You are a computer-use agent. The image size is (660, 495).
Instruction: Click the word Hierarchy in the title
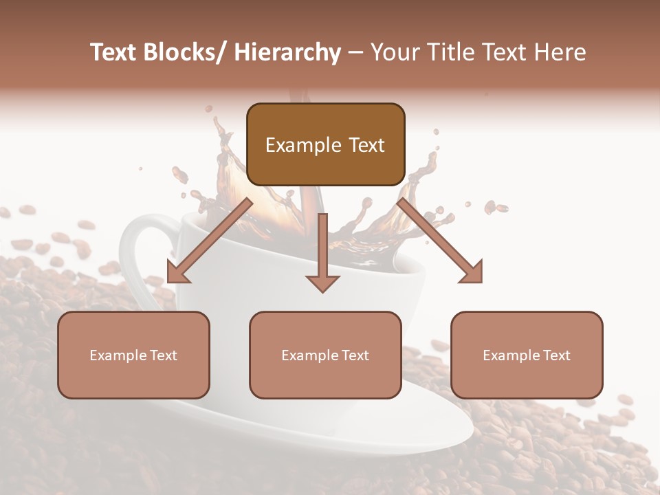pos(287,53)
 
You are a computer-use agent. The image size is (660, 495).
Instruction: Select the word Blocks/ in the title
pos(185,53)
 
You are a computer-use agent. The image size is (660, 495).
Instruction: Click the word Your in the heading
pos(394,53)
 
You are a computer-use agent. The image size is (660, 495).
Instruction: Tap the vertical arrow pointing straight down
pos(322,247)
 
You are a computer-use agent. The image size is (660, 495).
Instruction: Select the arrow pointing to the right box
pos(440,241)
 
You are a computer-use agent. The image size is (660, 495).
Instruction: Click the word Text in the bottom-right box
pos(556,355)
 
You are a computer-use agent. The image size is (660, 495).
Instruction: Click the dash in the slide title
pos(355,54)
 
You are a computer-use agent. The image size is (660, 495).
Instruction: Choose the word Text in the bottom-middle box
pos(355,355)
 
